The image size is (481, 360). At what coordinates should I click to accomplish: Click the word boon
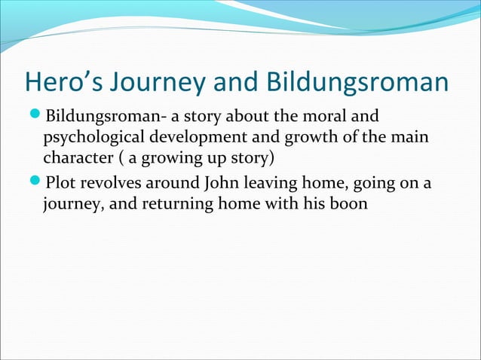pos(351,205)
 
